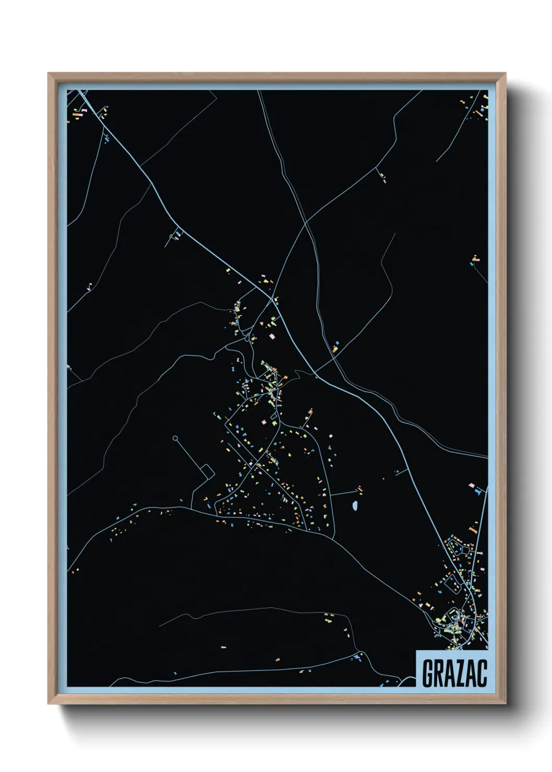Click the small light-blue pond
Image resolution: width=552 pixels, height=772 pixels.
(x=355, y=505)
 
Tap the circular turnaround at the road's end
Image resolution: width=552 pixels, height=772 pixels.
(x=175, y=438)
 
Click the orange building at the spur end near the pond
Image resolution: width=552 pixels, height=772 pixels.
(x=359, y=489)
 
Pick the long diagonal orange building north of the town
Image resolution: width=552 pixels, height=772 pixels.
(x=473, y=530)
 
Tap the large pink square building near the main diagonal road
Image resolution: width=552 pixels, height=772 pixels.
(x=271, y=336)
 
